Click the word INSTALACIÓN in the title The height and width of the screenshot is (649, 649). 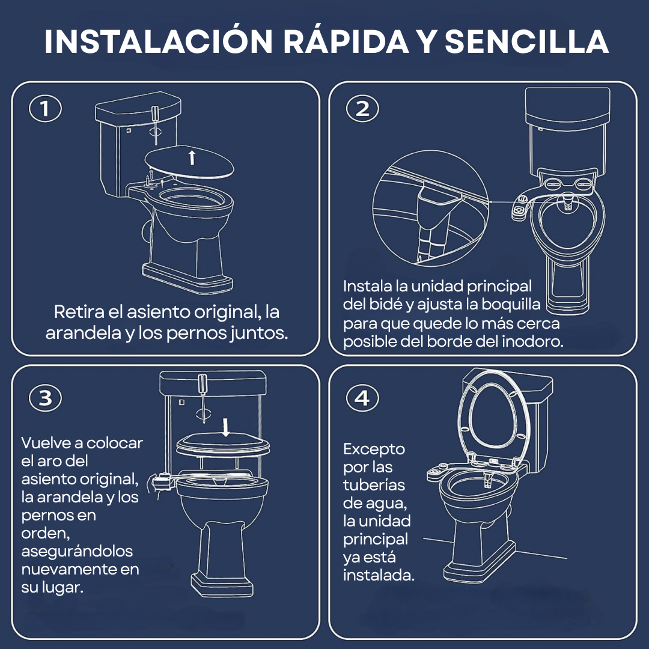[158, 41]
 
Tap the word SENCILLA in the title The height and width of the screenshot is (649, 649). [526, 42]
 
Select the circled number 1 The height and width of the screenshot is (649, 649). [45, 109]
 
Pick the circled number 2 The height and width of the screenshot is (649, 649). [362, 109]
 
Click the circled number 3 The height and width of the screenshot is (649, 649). [45, 398]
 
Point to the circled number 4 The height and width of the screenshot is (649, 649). [362, 398]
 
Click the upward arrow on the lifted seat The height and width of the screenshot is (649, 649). [192, 157]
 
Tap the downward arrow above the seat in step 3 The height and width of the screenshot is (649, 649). [225, 427]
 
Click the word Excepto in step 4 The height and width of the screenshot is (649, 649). [374, 449]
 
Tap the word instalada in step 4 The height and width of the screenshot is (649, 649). [379, 575]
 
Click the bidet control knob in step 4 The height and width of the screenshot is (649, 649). [434, 472]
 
